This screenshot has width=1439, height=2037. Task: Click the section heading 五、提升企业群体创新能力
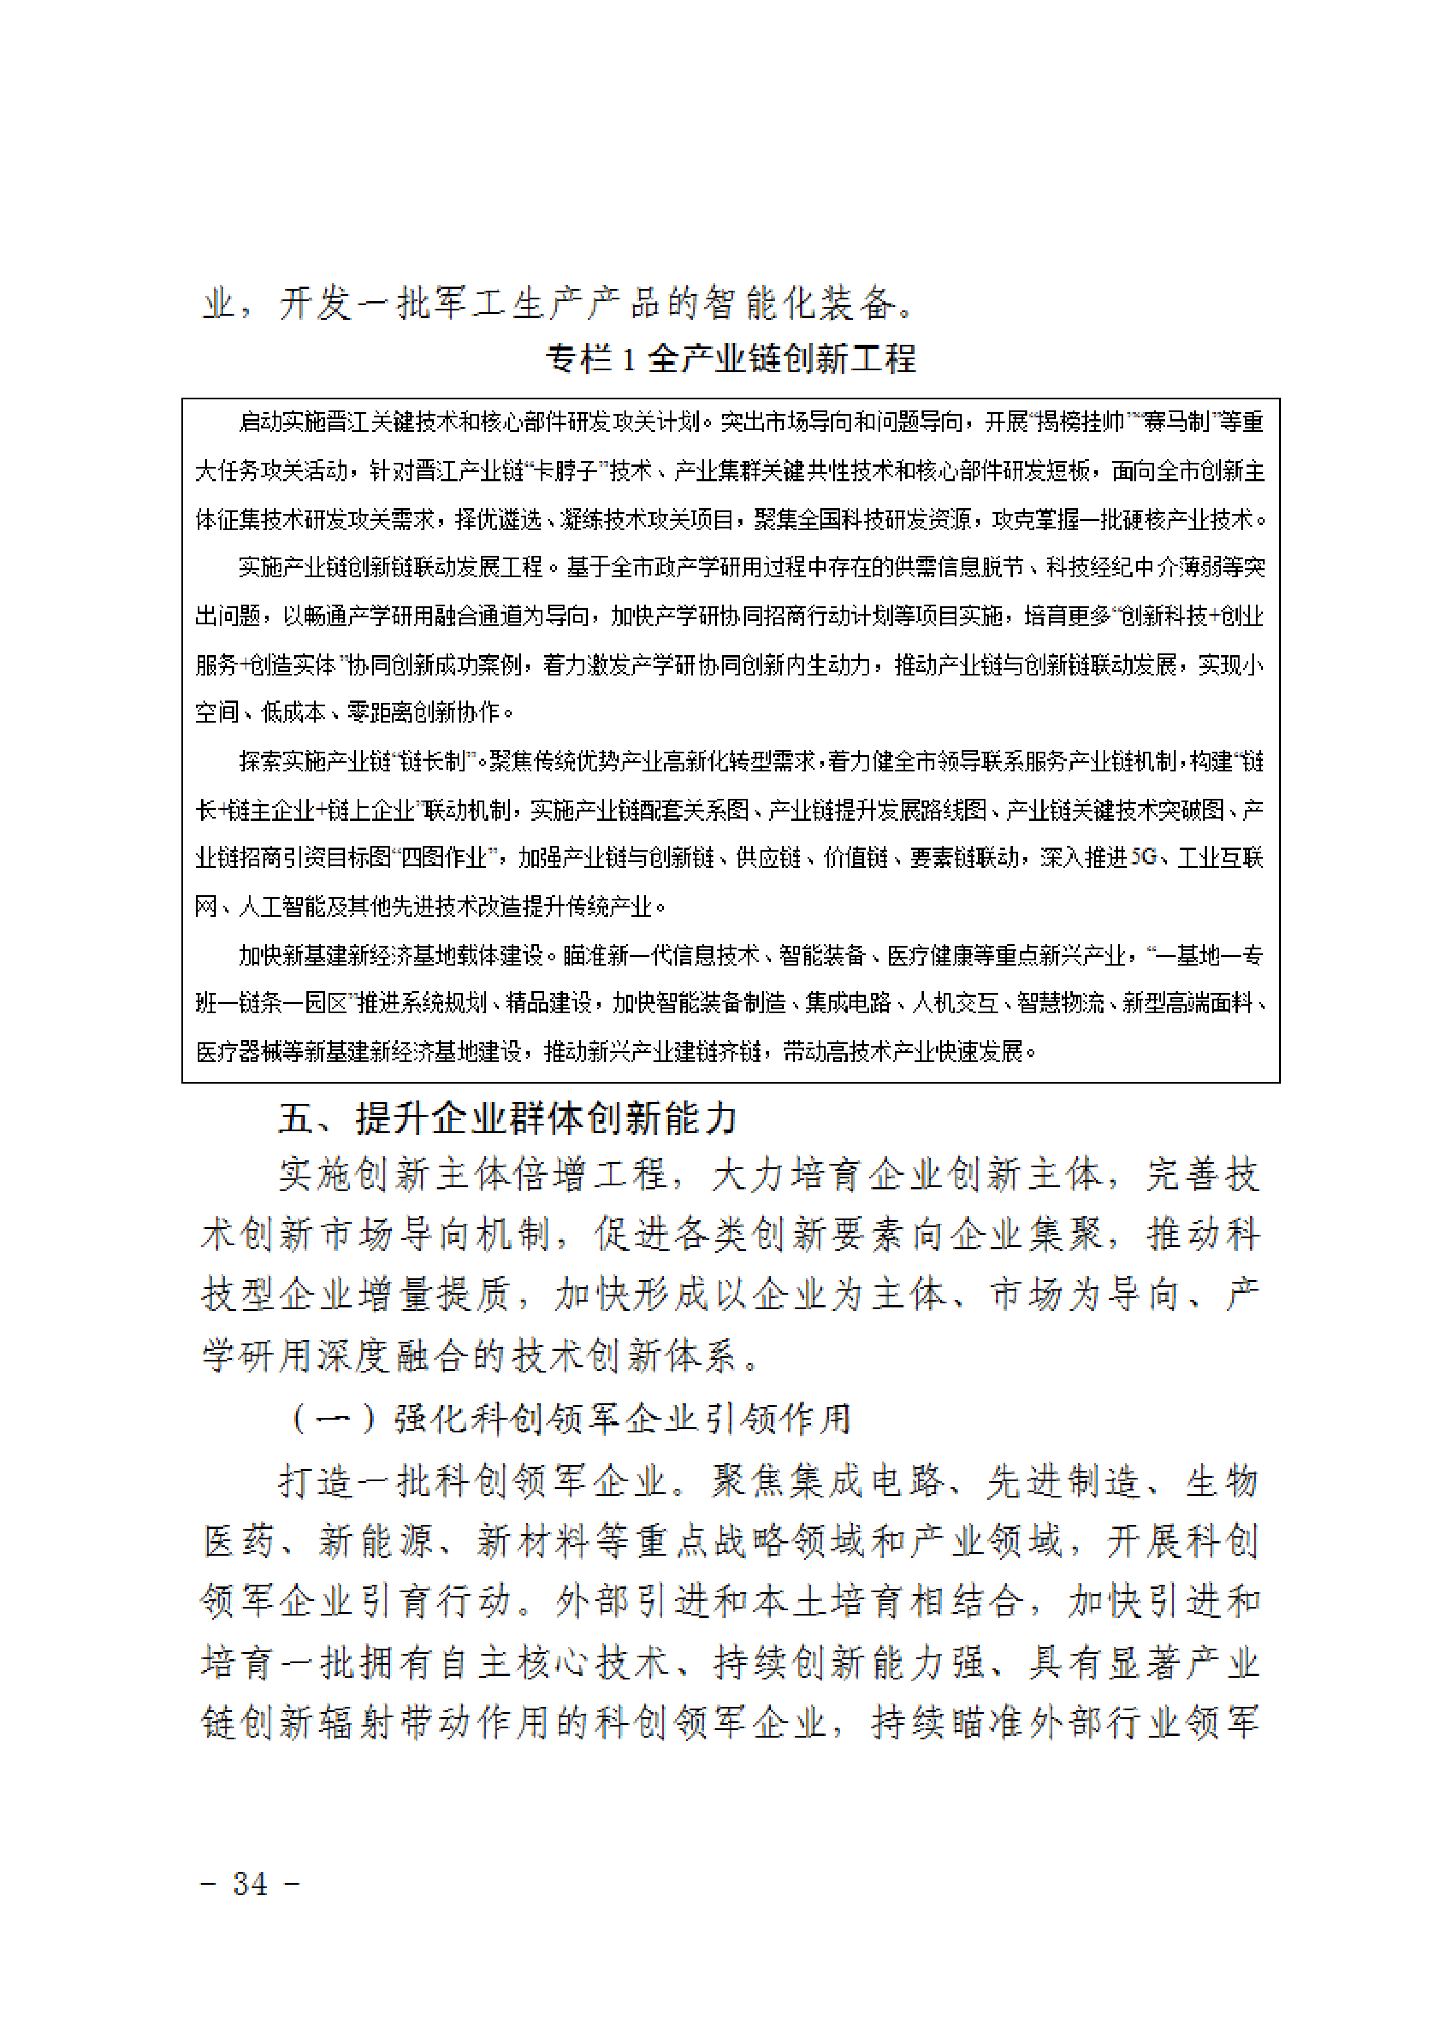(508, 1118)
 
